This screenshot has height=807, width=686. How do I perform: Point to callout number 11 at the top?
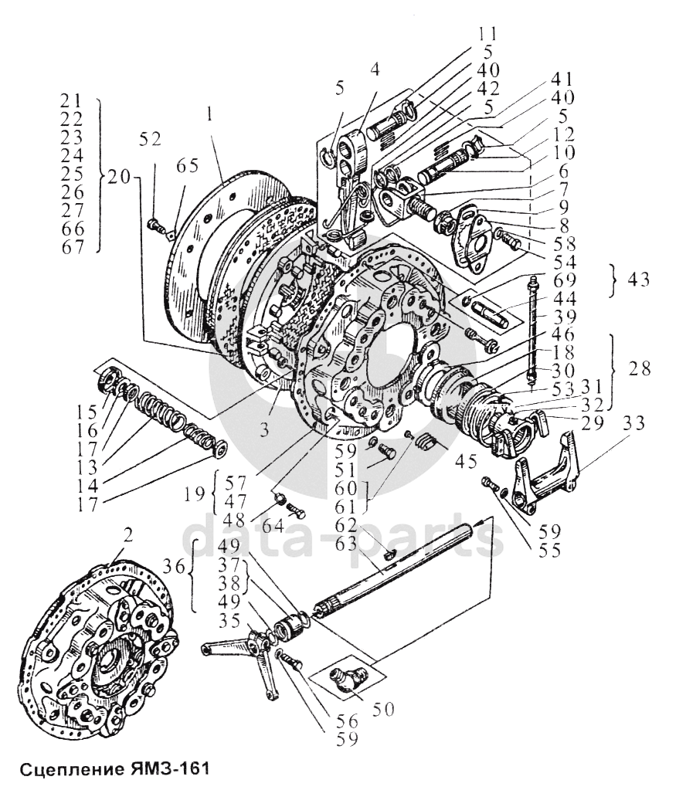(487, 34)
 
